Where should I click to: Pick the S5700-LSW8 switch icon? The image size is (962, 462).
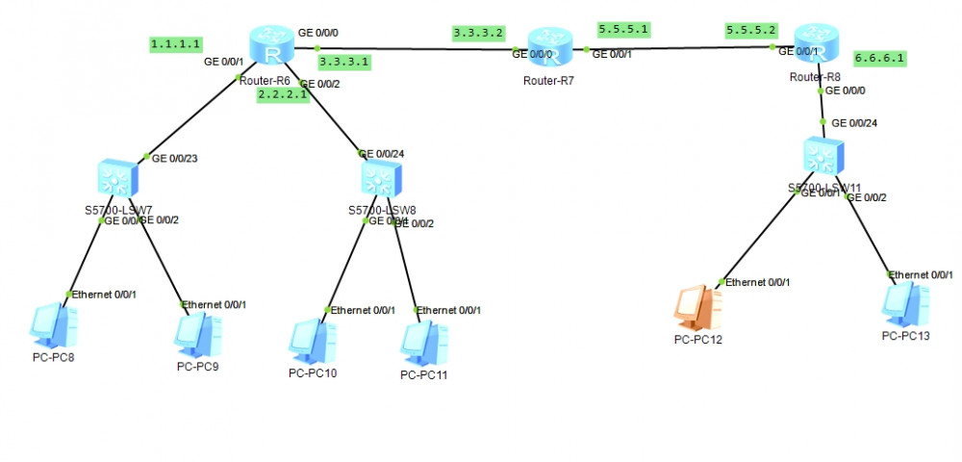383,179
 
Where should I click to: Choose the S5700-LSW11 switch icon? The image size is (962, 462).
824,154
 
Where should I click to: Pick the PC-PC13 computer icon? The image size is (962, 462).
906,301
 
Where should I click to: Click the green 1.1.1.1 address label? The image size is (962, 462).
175,43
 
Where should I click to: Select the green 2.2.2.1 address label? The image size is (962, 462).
282,95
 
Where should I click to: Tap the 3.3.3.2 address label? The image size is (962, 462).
478,33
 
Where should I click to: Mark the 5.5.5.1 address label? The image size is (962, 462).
623,28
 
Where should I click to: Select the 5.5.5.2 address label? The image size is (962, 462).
751,29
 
